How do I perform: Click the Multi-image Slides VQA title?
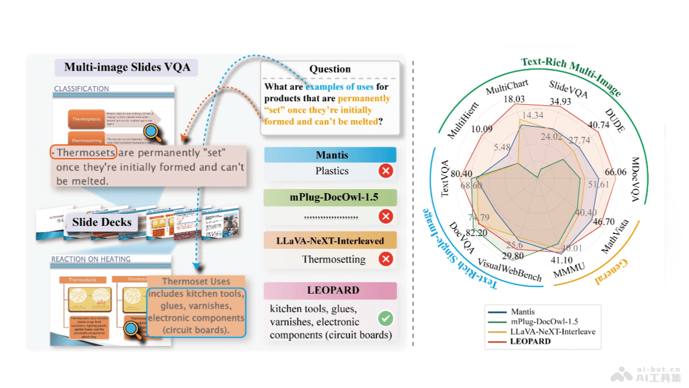(126, 67)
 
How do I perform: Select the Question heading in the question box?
(330, 69)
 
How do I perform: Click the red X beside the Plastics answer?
(386, 171)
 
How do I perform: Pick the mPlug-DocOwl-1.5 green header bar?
(330, 198)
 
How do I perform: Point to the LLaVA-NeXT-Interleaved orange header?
(330, 240)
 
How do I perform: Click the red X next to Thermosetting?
(386, 259)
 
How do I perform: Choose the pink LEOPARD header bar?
(330, 291)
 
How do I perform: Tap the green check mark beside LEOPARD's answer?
(386, 318)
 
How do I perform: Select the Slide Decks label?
(102, 222)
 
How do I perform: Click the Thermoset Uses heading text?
(196, 282)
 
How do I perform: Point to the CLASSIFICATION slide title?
(81, 89)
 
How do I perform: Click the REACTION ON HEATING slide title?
(91, 259)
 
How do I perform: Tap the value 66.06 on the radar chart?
(616, 172)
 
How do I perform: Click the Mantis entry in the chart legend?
(522, 312)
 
